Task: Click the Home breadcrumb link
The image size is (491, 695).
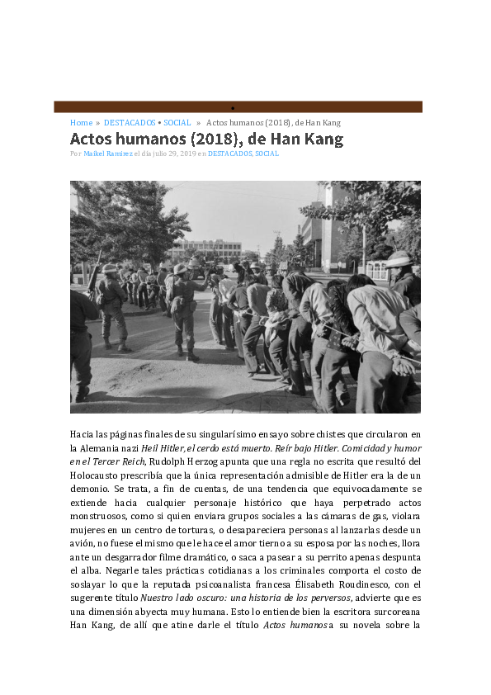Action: tap(81, 122)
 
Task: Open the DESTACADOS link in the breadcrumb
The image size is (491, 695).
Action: tap(129, 122)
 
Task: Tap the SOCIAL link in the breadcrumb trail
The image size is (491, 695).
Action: tap(177, 122)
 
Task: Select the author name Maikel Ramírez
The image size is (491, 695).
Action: tap(108, 154)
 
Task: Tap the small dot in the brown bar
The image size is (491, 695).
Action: tap(233, 108)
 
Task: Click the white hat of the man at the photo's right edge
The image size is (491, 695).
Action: tap(400, 258)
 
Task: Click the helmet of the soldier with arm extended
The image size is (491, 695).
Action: tap(181, 268)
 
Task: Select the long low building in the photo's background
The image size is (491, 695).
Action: tap(206, 248)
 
